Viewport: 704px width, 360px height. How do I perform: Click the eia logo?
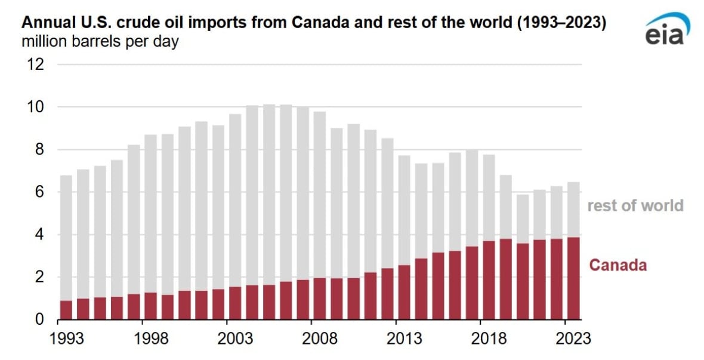tap(667, 30)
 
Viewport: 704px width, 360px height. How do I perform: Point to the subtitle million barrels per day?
tap(100, 42)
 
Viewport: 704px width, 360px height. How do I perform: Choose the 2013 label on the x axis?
tap(405, 339)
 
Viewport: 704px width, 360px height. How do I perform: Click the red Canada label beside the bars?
tap(617, 266)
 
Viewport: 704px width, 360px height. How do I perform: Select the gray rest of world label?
tap(635, 206)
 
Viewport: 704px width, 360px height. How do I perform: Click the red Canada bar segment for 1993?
tap(66, 310)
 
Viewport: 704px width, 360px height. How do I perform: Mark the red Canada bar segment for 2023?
tap(573, 278)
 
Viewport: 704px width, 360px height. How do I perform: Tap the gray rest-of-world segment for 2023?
tap(573, 210)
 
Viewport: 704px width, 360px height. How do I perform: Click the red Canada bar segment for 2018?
tap(489, 280)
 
